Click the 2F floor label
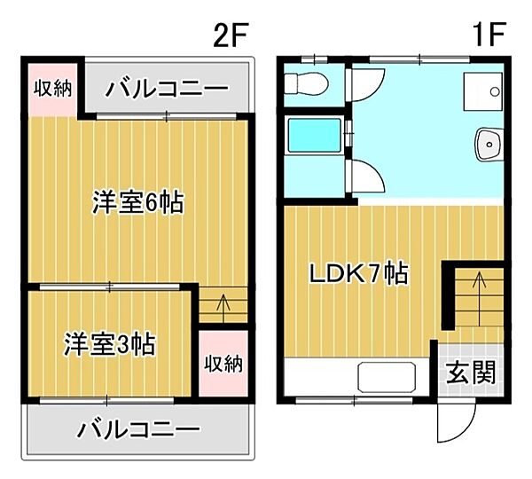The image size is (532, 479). (x=231, y=36)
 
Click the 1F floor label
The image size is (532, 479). (x=487, y=36)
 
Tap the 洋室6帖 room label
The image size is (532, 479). (x=138, y=203)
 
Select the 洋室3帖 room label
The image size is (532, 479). (x=110, y=342)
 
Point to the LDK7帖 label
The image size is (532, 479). (x=357, y=274)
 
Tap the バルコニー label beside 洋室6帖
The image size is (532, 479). (x=167, y=89)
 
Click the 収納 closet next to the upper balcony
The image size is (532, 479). (x=53, y=89)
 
